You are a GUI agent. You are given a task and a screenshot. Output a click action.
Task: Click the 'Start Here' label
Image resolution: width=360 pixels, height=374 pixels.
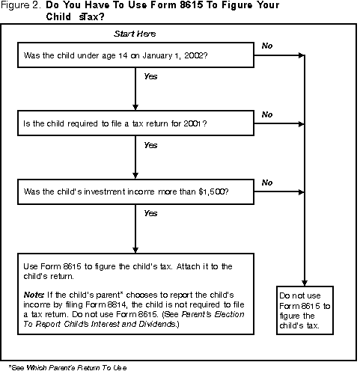click(x=134, y=34)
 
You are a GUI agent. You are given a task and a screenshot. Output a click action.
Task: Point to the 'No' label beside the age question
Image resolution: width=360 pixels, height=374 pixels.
click(x=267, y=46)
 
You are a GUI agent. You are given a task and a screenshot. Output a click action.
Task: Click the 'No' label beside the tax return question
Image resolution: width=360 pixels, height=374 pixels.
click(x=267, y=114)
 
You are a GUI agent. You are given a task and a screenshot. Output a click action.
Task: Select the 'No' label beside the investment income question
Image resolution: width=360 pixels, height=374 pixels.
click(x=267, y=182)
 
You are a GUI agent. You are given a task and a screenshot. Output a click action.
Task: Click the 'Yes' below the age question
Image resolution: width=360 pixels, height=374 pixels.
click(x=150, y=76)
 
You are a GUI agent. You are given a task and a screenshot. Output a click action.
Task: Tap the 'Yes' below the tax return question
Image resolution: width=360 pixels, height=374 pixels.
click(x=150, y=144)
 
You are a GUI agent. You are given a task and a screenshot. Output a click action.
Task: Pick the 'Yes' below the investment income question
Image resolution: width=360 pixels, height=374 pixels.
click(x=150, y=212)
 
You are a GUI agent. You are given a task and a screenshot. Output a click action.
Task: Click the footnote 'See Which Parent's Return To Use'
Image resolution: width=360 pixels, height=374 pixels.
click(x=67, y=367)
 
